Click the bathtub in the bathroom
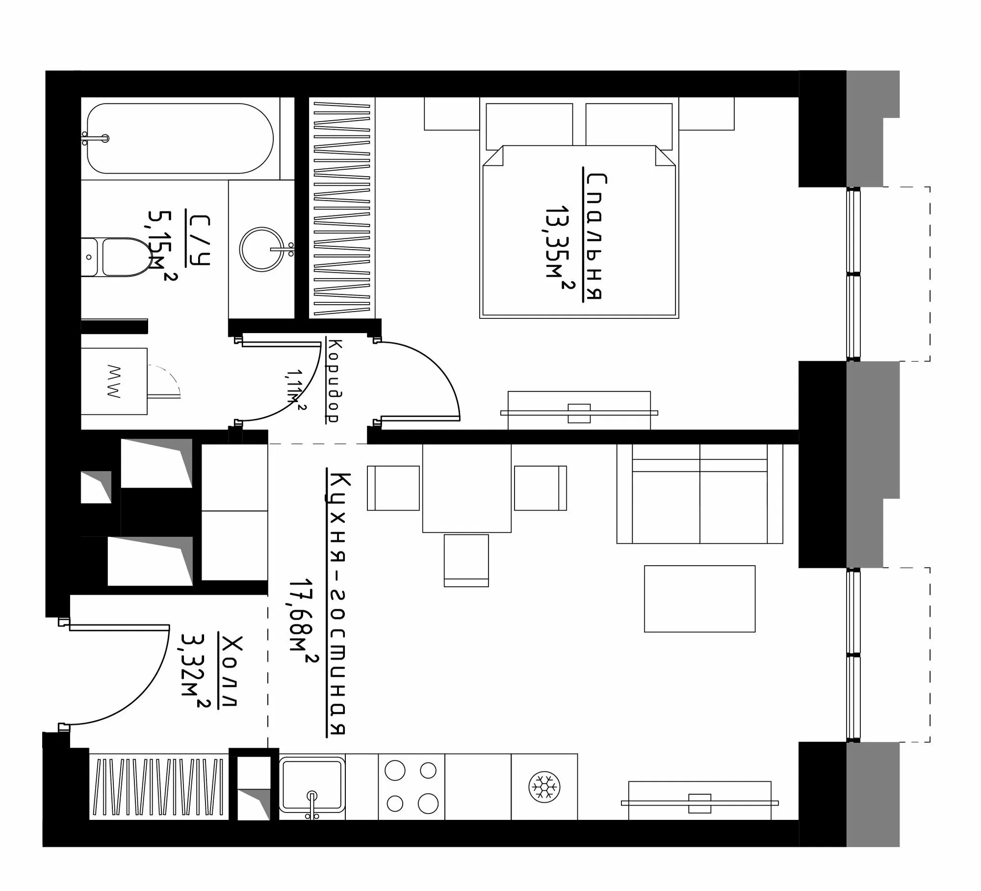[x=180, y=138]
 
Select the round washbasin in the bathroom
[x=262, y=249]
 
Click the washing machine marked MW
[x=114, y=381]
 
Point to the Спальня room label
[x=595, y=236]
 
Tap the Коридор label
[x=331, y=381]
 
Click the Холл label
[x=230, y=671]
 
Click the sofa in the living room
[x=699, y=494]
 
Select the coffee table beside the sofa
[x=699, y=599]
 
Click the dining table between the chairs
[x=467, y=488]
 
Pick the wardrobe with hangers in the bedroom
[x=342, y=208]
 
